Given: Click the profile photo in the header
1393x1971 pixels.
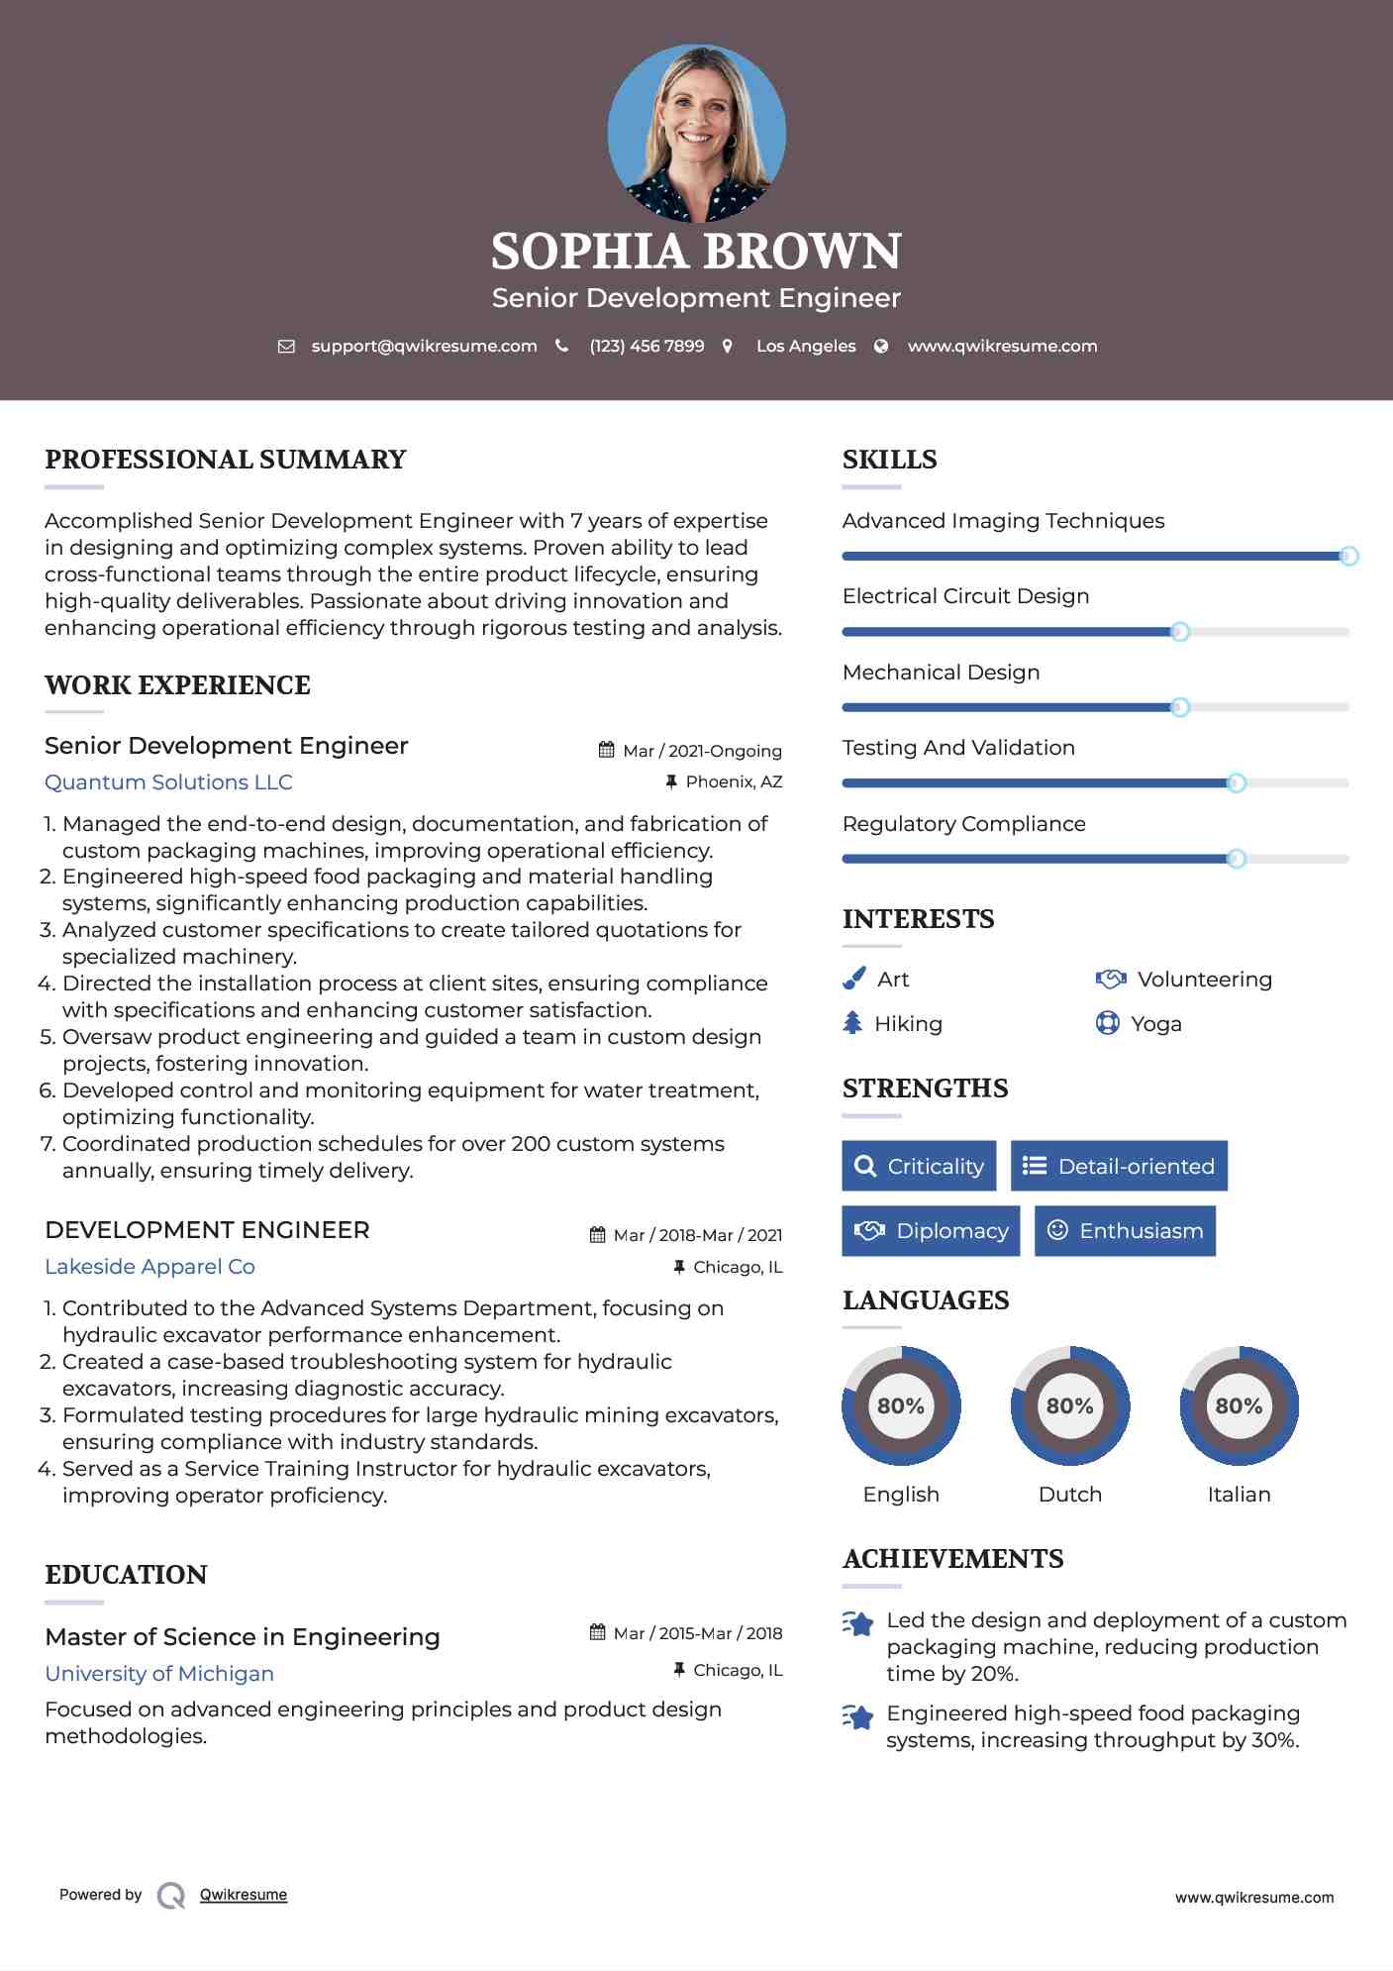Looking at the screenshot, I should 696,133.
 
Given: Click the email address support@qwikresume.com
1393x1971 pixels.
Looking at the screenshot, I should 424,347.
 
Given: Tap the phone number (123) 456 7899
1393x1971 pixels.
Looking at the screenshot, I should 647,347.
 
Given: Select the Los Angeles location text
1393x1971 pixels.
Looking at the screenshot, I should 806,347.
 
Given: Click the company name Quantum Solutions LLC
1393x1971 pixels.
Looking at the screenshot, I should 168,782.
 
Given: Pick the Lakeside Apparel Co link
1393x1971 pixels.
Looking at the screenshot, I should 149,1267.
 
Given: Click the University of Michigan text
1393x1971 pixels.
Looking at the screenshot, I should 159,1674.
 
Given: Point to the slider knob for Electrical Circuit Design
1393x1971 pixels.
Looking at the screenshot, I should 1179,632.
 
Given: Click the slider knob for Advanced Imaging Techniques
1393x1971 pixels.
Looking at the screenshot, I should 1348,557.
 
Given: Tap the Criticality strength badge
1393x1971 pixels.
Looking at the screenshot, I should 919,1166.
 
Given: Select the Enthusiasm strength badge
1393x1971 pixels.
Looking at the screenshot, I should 1125,1231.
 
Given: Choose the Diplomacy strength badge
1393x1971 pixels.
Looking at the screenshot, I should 931,1231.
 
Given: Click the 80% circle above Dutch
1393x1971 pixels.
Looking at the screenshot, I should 1069,1405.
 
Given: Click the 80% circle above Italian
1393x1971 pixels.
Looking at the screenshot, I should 1239,1405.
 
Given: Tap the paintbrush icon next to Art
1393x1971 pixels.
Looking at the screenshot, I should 853,980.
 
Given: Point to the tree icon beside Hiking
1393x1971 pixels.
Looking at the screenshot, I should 852,1023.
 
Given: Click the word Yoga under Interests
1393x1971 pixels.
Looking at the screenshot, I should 1156,1024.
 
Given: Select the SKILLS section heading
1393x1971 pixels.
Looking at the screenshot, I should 889,460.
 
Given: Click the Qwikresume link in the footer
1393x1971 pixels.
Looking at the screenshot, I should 244,1895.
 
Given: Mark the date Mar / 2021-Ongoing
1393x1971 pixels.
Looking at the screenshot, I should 702,751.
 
